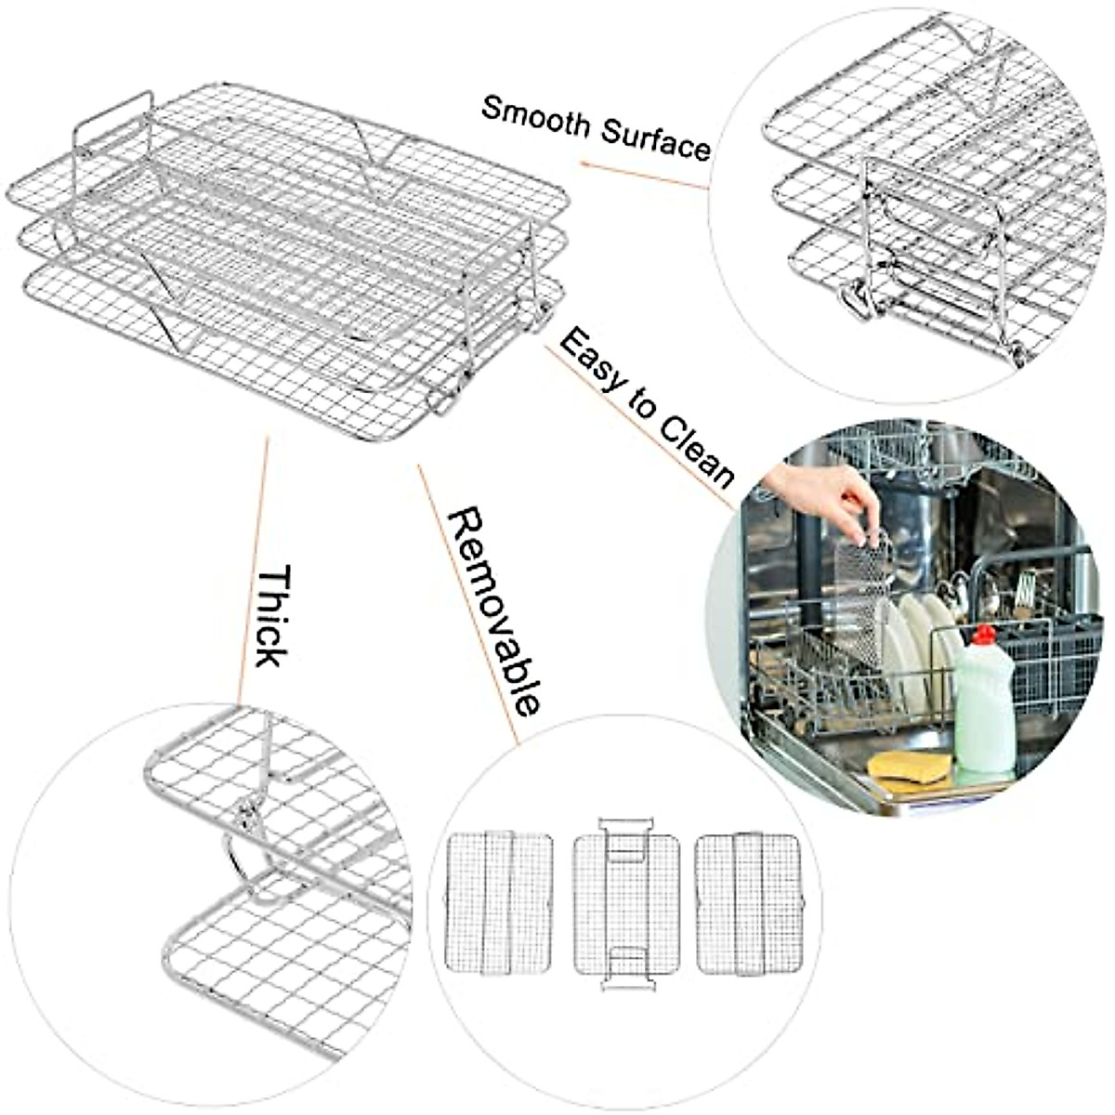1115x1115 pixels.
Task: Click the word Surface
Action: (x=656, y=139)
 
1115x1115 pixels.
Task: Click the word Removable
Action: (x=492, y=612)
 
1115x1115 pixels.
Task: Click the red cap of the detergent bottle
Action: (x=984, y=636)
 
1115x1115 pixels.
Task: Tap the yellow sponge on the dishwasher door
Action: (x=909, y=767)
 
